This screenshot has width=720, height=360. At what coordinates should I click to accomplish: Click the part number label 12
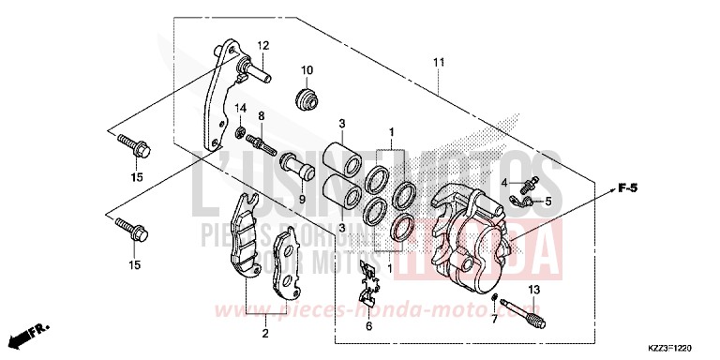coord(263,45)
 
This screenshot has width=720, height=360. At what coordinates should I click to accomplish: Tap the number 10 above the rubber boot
coord(307,71)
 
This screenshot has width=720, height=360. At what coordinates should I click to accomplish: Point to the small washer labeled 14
coord(240,130)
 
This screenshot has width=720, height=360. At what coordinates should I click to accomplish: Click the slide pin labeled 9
coord(299,169)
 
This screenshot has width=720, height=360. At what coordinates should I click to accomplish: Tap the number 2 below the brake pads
coord(265,333)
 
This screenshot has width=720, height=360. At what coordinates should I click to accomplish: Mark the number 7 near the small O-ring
coord(493,320)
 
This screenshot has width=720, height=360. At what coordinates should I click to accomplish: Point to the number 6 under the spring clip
coord(368,325)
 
